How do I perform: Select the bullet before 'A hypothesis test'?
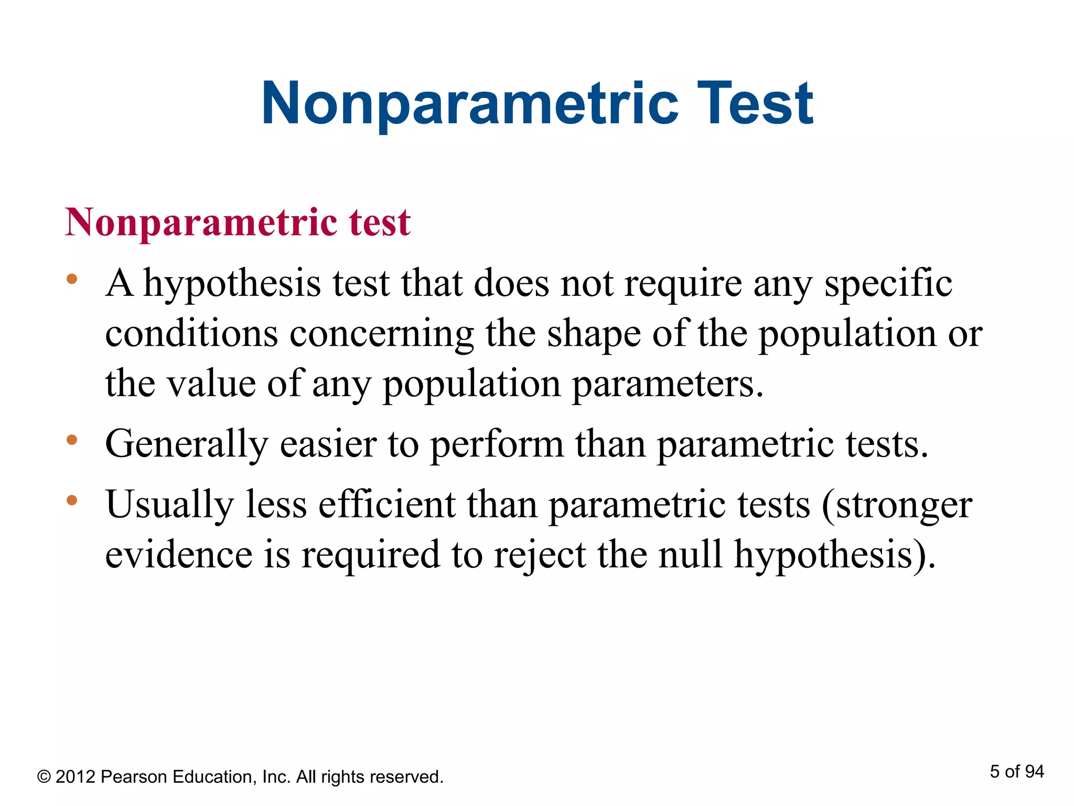72,279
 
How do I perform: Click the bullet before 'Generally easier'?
72,440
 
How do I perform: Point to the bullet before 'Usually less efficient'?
72,500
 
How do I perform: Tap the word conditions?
191,334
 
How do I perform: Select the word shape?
594,334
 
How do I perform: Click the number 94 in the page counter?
1034,771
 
